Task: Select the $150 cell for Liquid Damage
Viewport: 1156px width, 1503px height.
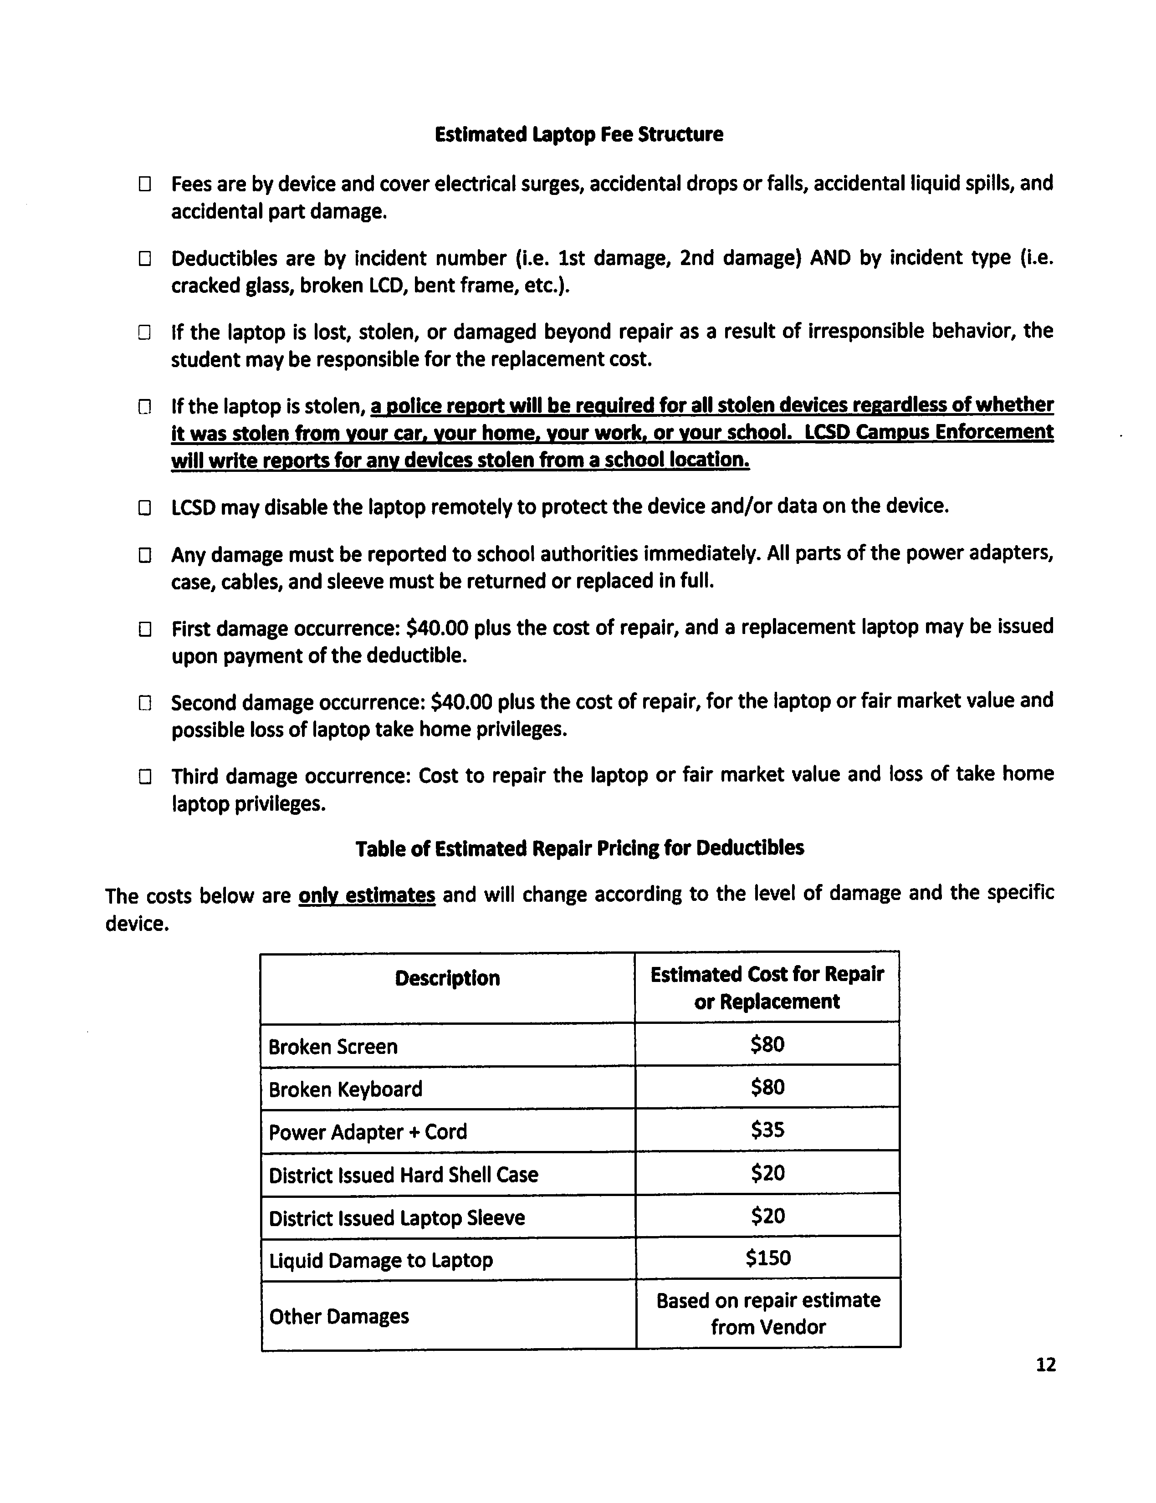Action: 768,1258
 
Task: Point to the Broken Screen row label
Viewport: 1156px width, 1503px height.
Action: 333,1046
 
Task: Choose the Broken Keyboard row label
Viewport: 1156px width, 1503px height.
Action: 345,1089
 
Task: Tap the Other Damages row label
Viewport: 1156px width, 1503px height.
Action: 338,1316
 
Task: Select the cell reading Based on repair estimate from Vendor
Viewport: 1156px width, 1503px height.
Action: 768,1313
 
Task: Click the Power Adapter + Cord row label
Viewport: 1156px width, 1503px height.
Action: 368,1131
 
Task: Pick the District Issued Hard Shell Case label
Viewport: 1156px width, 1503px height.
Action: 403,1174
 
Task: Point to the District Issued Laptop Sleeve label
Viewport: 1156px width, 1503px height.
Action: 396,1217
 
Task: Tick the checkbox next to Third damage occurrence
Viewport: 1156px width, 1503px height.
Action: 144,777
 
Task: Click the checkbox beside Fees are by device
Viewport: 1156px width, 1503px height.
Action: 144,184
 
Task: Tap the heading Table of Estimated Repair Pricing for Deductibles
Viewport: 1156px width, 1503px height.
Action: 579,848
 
